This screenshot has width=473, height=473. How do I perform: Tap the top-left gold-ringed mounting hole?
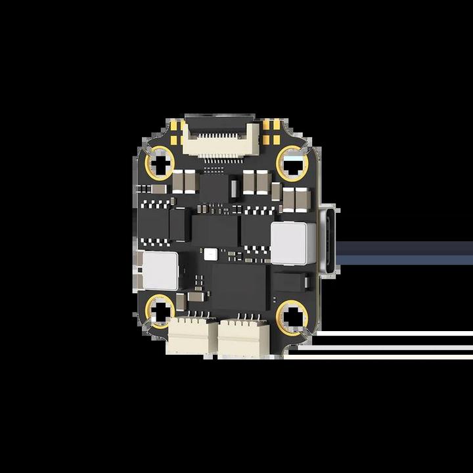[x=160, y=162]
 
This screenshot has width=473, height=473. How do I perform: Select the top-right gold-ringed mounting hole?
[x=292, y=162]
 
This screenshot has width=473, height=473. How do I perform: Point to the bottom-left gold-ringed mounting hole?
[x=160, y=311]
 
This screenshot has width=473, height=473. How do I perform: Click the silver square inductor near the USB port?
[x=289, y=242]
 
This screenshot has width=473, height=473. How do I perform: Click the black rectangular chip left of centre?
[x=179, y=224]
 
